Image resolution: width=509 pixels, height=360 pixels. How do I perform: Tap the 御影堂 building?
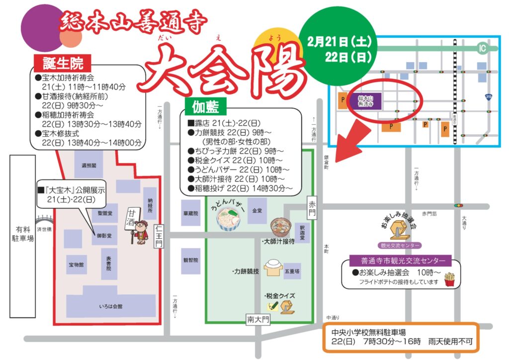(104, 236)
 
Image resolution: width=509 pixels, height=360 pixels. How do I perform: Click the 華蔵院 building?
(190, 212)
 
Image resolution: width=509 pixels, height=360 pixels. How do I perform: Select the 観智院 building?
(190, 260)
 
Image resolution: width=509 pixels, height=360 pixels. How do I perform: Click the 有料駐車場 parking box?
(23, 237)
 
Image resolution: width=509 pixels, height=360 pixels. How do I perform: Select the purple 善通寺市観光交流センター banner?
(400, 261)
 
